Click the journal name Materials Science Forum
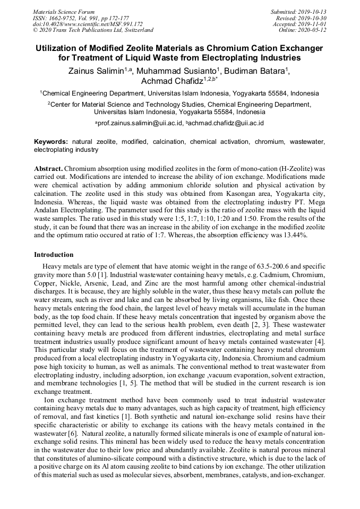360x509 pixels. click(x=64, y=12)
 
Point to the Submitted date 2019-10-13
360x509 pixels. click(x=313, y=12)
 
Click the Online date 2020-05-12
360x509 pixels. click(x=313, y=30)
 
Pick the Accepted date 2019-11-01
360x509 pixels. click(x=313, y=24)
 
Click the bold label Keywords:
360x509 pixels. click(x=51, y=142)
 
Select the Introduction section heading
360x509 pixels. click(x=54, y=255)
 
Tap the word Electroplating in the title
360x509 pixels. click(x=236, y=57)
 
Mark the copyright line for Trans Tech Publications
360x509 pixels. click(x=93, y=30)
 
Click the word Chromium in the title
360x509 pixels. click(x=226, y=48)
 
